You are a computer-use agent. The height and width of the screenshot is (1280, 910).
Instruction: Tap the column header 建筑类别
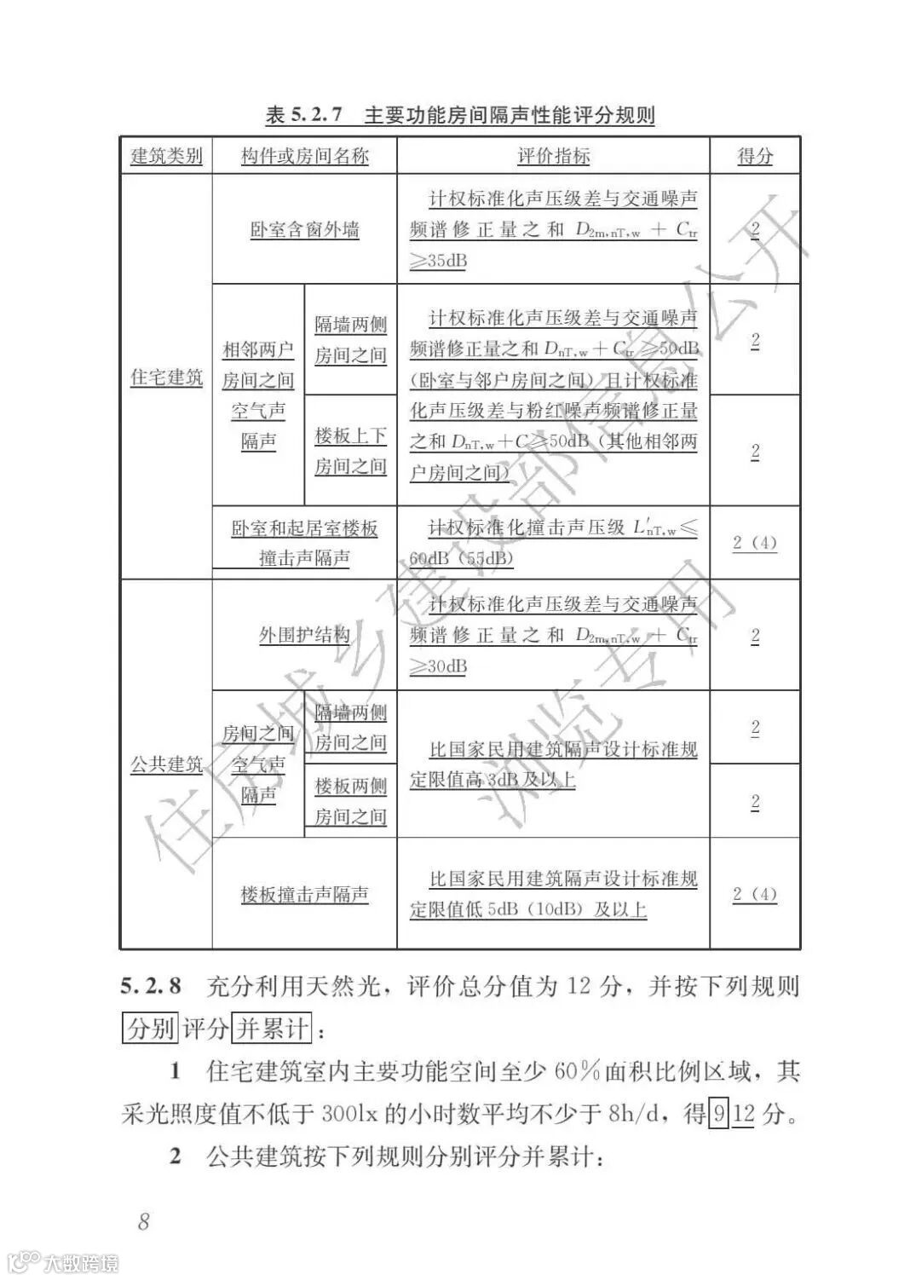166,156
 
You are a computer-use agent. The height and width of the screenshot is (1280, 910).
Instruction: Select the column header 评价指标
553,156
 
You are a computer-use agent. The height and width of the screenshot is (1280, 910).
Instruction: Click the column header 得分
755,156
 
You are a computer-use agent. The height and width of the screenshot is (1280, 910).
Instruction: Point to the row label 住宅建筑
166,377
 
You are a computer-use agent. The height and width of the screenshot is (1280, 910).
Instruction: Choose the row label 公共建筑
166,764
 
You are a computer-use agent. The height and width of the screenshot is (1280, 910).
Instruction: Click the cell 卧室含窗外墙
304,230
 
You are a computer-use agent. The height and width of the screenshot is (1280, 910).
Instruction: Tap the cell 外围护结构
304,636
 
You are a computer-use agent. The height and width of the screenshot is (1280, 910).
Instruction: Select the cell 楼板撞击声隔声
304,895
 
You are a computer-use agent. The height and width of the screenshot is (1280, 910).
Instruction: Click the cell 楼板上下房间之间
350,451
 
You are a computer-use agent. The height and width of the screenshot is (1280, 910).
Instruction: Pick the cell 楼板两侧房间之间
350,801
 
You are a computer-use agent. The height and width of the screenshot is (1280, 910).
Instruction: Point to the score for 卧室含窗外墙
755,230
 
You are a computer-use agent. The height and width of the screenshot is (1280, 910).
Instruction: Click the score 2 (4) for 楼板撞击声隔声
755,894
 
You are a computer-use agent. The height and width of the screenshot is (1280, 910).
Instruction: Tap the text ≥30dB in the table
439,666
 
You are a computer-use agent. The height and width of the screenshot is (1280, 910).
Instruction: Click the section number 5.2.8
151,987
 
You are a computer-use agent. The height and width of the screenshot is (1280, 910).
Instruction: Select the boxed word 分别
150,1028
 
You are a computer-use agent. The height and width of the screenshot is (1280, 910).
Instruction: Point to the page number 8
143,1220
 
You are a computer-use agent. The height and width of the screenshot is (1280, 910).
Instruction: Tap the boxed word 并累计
272,1028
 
